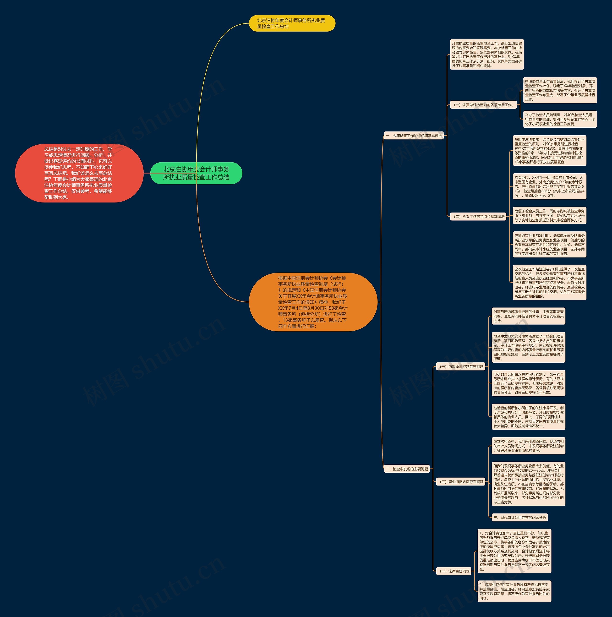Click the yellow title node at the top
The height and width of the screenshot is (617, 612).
292,23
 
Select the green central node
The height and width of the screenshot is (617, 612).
196,173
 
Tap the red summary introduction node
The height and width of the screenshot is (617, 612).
79,173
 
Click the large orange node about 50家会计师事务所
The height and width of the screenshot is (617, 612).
313,302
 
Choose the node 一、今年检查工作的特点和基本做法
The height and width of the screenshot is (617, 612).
414,136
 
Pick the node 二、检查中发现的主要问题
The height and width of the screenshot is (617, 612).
407,469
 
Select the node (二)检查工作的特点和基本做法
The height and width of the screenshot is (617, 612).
478,217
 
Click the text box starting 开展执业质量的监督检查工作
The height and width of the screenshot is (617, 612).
486,54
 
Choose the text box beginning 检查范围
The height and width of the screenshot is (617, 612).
549,186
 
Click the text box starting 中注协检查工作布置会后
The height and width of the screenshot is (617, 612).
560,90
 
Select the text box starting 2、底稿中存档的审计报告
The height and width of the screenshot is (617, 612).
514,591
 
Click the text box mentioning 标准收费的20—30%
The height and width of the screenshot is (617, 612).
528,484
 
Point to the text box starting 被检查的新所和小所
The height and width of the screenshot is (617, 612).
528,417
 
